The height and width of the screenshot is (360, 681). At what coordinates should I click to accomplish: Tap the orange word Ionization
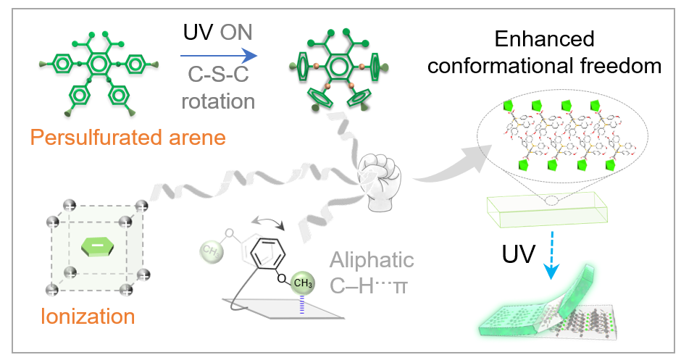pos(88,317)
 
